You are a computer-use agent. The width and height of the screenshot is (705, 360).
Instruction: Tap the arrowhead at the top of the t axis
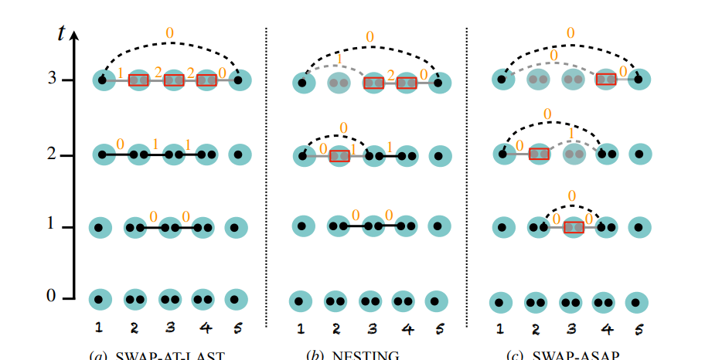click(75, 35)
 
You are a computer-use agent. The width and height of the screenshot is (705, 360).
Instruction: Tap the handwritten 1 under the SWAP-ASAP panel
click(500, 329)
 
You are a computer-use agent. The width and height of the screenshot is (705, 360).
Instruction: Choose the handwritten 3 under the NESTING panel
click(372, 329)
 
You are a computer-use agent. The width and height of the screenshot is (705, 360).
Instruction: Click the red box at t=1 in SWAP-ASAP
click(573, 227)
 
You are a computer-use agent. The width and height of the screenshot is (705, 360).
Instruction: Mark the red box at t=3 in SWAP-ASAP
click(605, 79)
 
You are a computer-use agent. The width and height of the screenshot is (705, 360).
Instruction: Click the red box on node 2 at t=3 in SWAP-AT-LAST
click(138, 80)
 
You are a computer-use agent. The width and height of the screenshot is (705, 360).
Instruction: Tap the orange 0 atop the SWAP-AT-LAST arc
click(170, 32)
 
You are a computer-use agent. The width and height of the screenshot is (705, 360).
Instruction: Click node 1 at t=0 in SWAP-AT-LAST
click(100, 299)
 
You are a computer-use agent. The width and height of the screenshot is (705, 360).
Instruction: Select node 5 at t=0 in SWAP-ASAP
click(636, 302)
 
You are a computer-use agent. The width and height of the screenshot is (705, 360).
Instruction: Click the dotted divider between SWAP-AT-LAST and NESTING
click(266, 178)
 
